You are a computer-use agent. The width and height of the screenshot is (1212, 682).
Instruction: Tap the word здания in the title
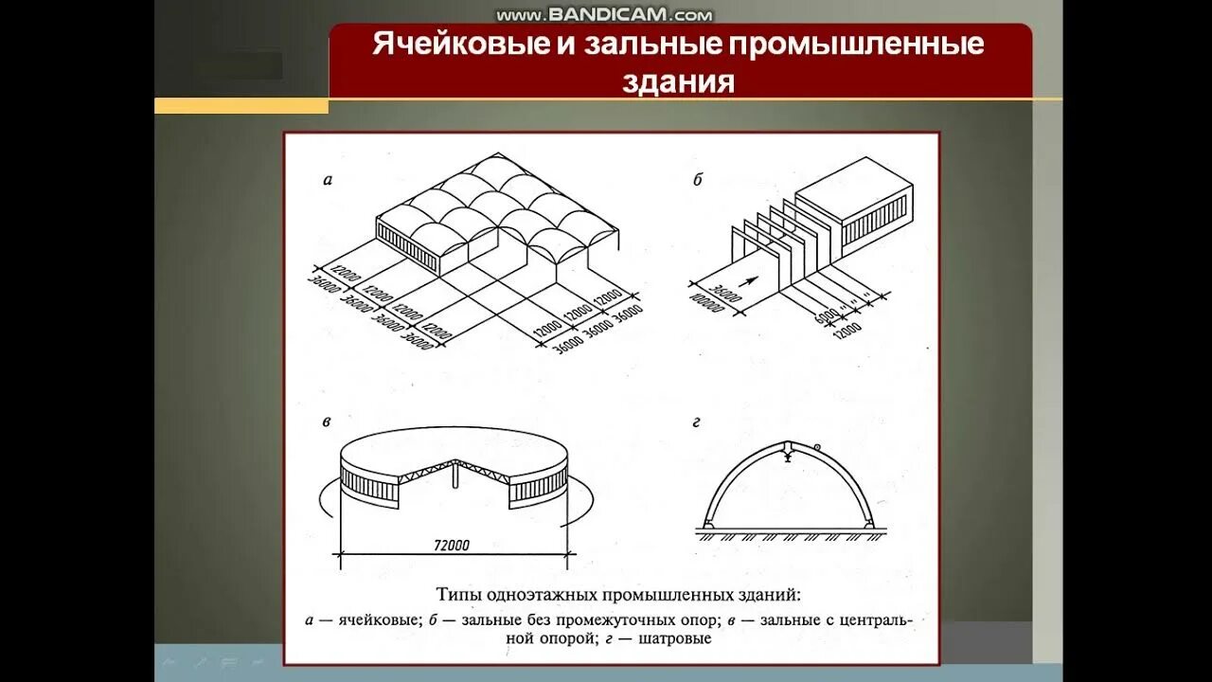[679, 81]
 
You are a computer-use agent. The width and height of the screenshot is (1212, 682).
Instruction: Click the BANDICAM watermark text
[603, 14]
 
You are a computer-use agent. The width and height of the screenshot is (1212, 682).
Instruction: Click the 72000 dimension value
[451, 545]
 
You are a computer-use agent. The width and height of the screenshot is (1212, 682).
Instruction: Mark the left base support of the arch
[708, 524]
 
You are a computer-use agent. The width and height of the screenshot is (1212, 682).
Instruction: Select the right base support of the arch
[867, 524]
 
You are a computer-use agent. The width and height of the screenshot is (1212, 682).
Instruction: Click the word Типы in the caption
[458, 595]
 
